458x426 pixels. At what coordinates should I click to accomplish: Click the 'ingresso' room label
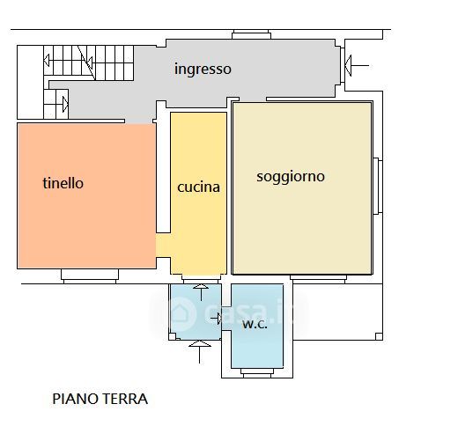pos(203,70)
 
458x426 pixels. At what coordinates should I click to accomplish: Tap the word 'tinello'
pos(63,183)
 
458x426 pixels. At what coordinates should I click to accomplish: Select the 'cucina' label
pos(199,187)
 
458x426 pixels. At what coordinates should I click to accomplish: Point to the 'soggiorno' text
pos(291,177)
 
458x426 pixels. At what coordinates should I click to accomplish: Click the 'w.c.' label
pos(255,324)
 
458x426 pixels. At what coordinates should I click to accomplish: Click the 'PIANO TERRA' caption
pos(100,399)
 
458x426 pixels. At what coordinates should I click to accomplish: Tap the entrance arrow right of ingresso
pos(357,65)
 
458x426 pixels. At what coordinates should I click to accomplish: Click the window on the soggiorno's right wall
pos(378,187)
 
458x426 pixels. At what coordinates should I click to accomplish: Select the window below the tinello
pos(90,276)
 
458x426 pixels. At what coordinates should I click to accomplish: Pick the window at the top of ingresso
pos(251,34)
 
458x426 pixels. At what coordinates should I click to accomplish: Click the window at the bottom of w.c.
pos(257,372)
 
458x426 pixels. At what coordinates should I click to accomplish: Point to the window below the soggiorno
pos(319,279)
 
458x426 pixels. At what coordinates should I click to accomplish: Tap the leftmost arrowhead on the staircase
pos(47,61)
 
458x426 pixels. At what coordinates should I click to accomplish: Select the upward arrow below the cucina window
pos(201,292)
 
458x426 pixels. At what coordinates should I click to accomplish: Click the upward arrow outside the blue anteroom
pos(200,352)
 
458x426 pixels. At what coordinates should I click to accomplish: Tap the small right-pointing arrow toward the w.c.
pos(216,318)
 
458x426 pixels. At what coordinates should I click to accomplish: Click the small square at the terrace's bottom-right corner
pos(379,336)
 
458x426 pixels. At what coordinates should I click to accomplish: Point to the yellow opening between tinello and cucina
pos(163,246)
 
